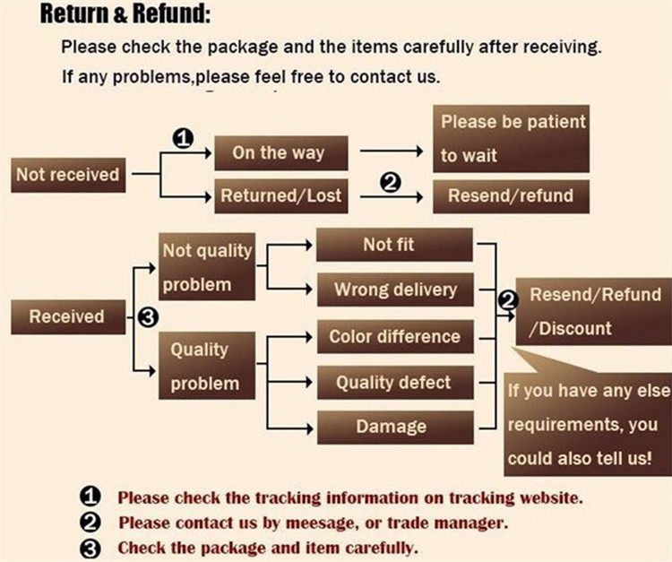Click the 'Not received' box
pos(67,175)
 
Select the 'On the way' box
pos(278,152)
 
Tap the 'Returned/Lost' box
pos(281,195)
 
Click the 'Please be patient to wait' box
pos(512,137)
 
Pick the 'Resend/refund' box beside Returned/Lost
pos(511,195)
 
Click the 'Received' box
pos(66,316)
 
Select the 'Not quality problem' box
pos(207,267)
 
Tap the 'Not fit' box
pos(395,245)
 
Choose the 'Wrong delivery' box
pos(395,290)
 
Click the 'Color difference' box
pos(395,337)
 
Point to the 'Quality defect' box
pos(395,383)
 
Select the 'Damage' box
pos(395,427)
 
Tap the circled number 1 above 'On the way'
pos(183,138)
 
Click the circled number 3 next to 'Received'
pos(150,316)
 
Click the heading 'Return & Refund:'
pos(125,15)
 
